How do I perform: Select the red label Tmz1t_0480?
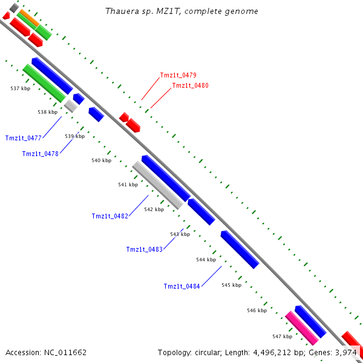point(190,86)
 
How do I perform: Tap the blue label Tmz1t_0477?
point(23,139)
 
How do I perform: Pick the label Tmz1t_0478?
point(40,154)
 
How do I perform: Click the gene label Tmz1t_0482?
point(110,217)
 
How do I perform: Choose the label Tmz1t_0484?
point(181,287)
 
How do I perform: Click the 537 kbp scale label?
point(20,88)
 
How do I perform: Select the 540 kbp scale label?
point(101,160)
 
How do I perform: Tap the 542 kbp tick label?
point(154,209)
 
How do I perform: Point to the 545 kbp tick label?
point(231,285)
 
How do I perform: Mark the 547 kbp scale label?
point(282,336)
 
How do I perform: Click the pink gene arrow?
point(302,327)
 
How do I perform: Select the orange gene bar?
point(28,18)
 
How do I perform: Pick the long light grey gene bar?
point(157,185)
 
